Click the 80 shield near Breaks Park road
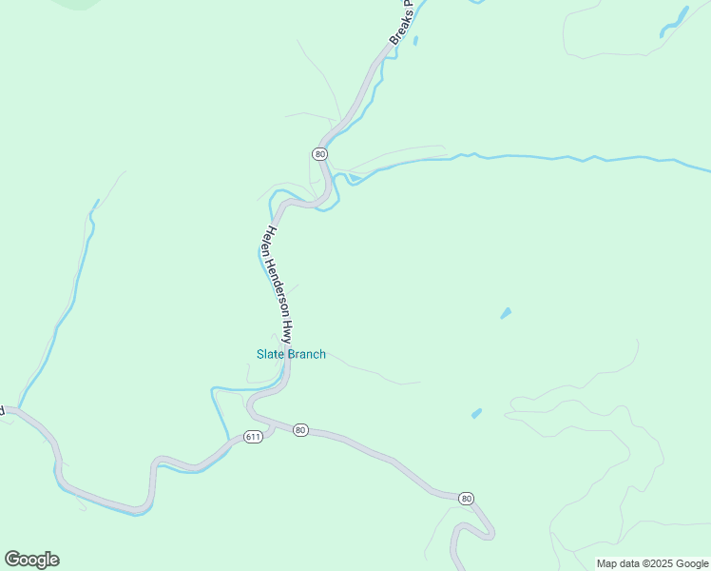(319, 153)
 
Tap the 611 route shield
(252, 437)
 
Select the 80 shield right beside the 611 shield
(300, 430)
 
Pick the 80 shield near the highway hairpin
(466, 498)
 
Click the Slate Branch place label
(291, 355)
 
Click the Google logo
(31, 560)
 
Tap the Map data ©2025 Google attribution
(653, 563)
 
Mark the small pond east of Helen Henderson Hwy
(506, 312)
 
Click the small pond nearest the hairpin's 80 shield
(476, 413)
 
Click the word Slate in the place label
(270, 355)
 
